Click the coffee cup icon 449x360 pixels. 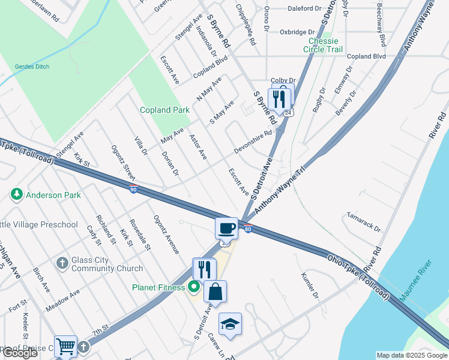227,228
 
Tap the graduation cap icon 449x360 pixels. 230,324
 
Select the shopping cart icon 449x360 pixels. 65,346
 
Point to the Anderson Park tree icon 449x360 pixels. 16,195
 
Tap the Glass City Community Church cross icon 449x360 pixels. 62,263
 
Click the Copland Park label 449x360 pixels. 164,110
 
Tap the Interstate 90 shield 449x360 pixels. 133,190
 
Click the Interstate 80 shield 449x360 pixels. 247,227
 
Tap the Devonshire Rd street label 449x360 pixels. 253,142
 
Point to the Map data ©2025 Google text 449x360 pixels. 411,355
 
